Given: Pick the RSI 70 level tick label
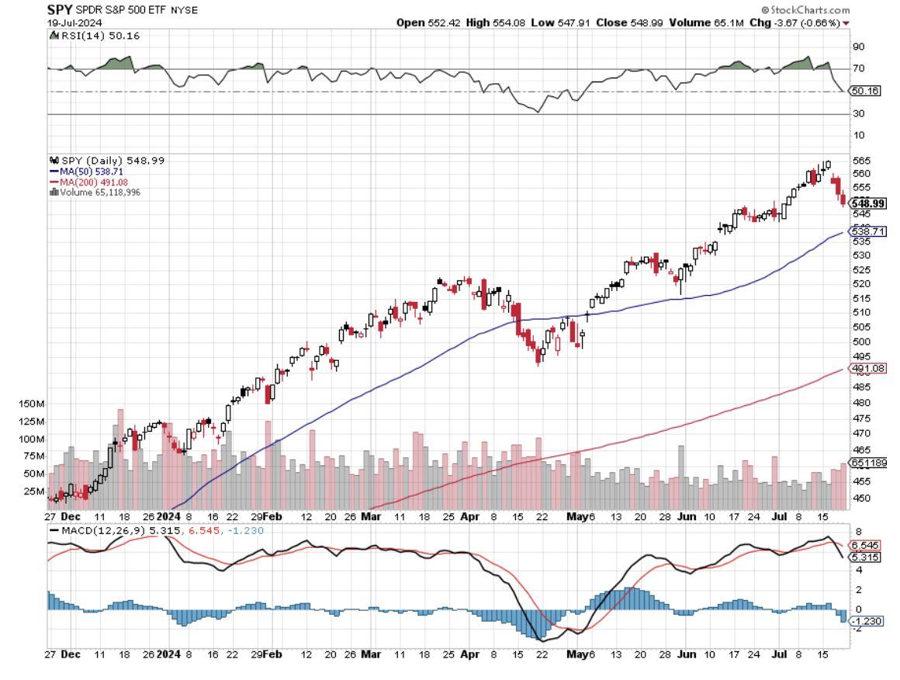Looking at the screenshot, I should click(858, 68).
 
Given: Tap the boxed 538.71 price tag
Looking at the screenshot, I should click(868, 231).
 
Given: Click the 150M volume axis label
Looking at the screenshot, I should click(31, 404).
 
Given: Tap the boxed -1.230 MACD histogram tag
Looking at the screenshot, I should click(866, 621).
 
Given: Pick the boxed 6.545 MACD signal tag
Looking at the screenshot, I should click(867, 545).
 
